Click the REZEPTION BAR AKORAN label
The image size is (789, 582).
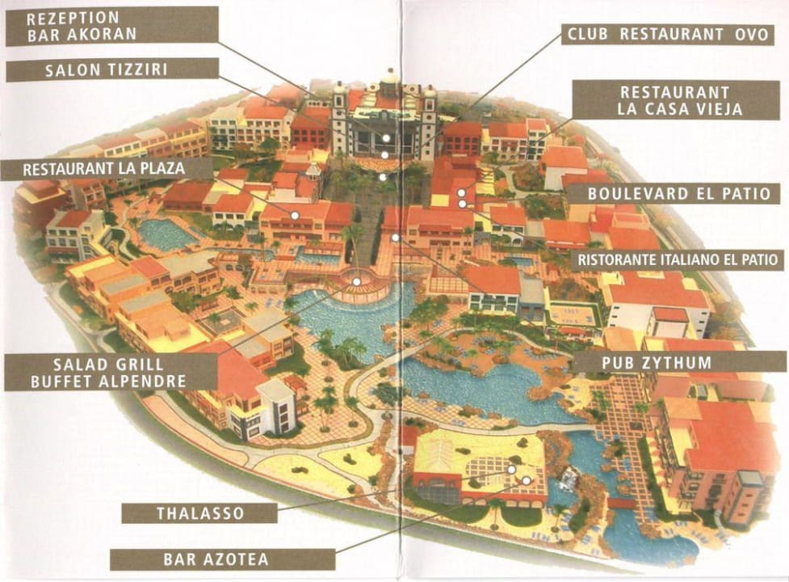click(112, 25)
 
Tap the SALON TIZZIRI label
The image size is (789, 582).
click(112, 70)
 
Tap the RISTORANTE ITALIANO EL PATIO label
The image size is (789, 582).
click(678, 259)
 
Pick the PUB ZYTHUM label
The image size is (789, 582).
click(679, 361)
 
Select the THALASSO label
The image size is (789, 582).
click(199, 512)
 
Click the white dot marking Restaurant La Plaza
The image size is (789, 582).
click(296, 215)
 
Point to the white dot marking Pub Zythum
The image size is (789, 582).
click(395, 238)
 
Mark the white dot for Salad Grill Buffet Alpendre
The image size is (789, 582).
click(356, 282)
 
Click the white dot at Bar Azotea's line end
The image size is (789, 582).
click(527, 480)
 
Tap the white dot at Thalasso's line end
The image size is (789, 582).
click(511, 469)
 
